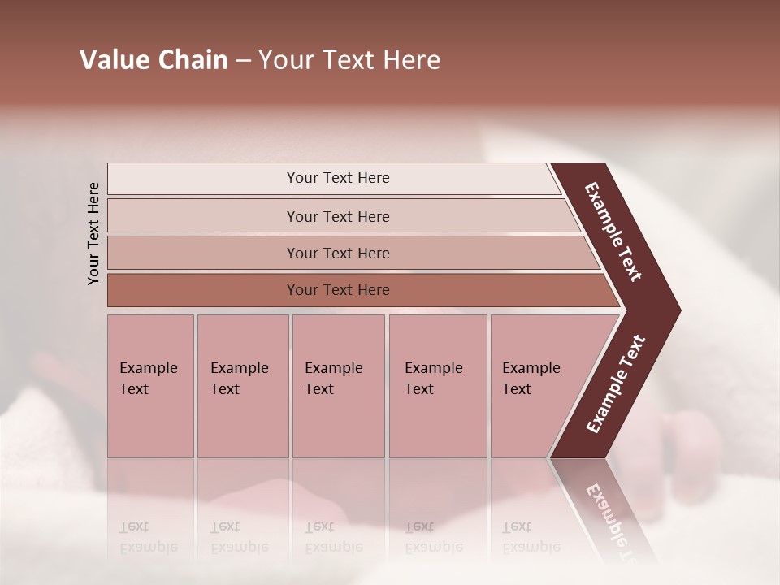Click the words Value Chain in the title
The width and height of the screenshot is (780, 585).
tap(154, 60)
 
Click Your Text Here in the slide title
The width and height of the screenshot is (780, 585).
tap(349, 60)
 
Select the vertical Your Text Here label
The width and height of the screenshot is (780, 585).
tap(93, 233)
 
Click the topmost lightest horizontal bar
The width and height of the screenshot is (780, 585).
tap(337, 178)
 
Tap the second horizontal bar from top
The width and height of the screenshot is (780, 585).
tap(337, 216)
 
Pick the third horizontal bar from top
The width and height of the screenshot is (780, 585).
tap(337, 253)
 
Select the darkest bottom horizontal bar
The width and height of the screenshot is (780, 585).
tap(337, 290)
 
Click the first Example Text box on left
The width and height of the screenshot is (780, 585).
tap(150, 386)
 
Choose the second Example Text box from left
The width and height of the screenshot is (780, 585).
tap(242, 386)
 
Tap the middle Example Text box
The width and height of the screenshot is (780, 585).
tap(338, 386)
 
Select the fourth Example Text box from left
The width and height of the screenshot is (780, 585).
tap(437, 386)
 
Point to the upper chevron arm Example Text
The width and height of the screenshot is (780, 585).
tap(613, 232)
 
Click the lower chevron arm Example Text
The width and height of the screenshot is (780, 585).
tap(616, 383)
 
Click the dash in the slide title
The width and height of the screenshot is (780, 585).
tap(243, 61)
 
